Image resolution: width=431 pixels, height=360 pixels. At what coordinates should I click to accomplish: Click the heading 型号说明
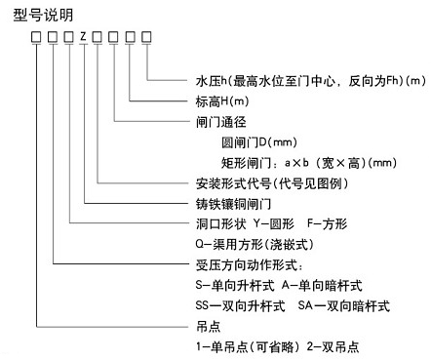43,15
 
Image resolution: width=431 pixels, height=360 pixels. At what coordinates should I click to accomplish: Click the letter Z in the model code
84,36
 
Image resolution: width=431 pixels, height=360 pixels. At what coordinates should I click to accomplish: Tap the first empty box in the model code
36,37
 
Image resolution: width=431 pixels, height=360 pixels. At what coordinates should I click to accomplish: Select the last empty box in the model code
146,37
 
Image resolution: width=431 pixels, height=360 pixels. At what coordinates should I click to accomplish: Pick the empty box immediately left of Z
68,37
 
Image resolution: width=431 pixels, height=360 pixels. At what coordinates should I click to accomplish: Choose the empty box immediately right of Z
97,37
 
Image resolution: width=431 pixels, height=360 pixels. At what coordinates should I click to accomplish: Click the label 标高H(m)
222,101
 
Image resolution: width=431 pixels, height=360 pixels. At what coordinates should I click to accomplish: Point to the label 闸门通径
220,122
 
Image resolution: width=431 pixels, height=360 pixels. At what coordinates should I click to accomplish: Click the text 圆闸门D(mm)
259,142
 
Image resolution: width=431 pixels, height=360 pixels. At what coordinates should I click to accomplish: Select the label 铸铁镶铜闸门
233,204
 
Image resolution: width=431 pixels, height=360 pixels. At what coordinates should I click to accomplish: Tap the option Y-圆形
274,223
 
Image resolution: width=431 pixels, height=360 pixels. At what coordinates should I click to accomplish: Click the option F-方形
327,223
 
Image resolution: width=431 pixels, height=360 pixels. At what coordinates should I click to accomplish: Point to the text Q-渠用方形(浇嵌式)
255,244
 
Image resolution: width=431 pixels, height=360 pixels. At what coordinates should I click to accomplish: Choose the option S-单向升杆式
235,286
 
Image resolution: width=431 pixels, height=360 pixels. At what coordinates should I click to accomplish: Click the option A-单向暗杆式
322,286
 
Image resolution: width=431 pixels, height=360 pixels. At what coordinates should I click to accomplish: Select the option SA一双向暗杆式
344,305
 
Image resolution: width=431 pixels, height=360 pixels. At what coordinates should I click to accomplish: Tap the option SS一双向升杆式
241,305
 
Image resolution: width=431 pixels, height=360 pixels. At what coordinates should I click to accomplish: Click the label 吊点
209,326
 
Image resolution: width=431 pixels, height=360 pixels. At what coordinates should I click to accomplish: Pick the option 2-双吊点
333,346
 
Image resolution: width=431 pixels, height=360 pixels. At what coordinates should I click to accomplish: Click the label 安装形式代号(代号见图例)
272,183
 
